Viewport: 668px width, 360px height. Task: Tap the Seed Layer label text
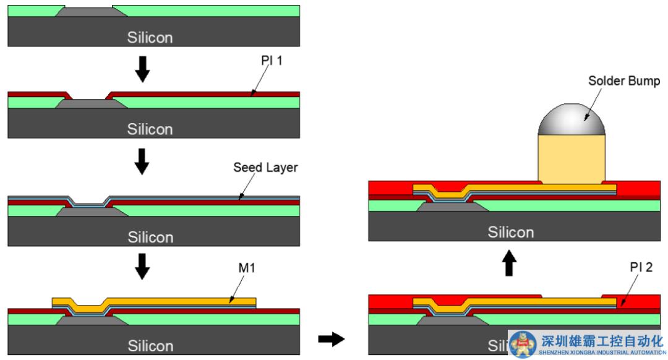265,168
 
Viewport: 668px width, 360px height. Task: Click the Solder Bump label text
624,81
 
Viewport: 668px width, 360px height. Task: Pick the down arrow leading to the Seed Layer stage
142,161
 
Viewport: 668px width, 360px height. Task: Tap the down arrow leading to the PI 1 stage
142,70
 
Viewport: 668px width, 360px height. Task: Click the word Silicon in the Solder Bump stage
510,233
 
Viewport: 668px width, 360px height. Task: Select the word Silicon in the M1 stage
150,346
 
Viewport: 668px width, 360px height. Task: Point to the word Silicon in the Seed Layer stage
150,238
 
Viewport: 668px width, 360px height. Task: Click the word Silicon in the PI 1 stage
150,129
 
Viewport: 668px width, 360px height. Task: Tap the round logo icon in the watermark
523,343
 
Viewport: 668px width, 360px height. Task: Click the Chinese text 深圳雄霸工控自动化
602,341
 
